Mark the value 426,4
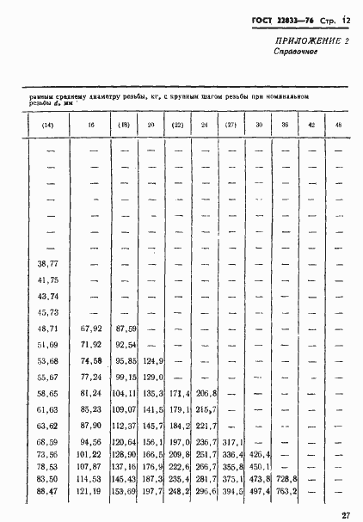[259, 453]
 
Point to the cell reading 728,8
[286, 478]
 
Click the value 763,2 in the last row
[286, 490]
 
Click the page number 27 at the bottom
[344, 514]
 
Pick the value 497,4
[259, 490]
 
